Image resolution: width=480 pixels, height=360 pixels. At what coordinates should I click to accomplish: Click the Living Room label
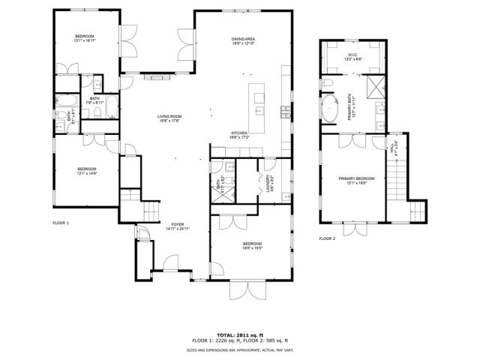coord(169,116)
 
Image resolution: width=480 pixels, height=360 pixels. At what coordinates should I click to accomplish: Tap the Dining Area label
coord(244,39)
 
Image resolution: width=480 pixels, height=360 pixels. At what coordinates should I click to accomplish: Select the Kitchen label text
coord(239,133)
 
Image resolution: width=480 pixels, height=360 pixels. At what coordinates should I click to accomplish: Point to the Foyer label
coord(177,223)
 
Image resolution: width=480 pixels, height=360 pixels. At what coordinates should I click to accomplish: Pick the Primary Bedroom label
coord(356,178)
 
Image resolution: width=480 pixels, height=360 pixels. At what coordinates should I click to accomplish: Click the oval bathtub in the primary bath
coord(330,109)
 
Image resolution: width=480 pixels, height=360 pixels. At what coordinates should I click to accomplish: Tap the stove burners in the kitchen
coord(285,113)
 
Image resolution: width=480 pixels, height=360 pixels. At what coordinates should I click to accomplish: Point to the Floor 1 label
coord(61,223)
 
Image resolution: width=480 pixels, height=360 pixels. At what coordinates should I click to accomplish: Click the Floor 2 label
coord(327,238)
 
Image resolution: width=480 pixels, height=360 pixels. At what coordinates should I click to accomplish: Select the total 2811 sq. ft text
coord(240,334)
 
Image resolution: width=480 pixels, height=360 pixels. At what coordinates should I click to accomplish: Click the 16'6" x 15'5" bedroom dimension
coord(252,248)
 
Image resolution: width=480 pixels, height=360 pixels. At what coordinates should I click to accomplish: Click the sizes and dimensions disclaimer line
coord(240,349)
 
